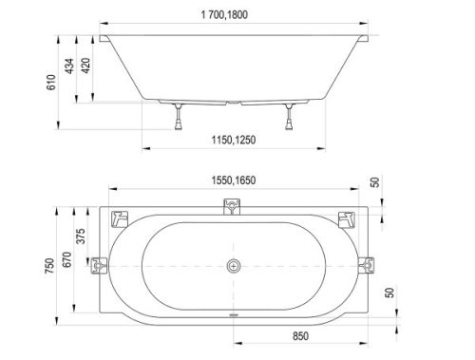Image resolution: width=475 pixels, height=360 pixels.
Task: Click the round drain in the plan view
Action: point(231,265)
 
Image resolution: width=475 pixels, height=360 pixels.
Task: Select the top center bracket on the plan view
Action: point(231,206)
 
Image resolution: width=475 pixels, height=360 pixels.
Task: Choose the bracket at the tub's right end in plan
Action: point(364,265)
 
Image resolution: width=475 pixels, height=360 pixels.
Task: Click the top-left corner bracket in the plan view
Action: point(119,218)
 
